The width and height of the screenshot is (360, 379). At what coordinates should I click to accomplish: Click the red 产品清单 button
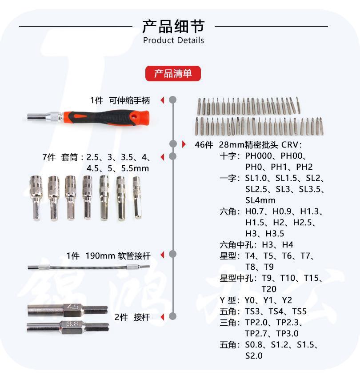click(173, 73)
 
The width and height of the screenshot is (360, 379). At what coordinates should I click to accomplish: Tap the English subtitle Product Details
click(173, 40)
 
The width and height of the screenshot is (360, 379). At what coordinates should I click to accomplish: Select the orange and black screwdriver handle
click(106, 118)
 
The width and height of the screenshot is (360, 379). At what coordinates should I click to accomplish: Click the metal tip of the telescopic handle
click(36, 117)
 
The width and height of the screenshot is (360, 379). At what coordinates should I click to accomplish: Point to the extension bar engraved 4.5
click(68, 310)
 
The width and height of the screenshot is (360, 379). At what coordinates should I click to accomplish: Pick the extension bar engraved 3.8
click(68, 327)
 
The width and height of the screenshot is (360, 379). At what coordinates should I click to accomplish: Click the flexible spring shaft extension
click(88, 267)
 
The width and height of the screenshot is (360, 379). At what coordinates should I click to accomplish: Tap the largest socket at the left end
click(36, 198)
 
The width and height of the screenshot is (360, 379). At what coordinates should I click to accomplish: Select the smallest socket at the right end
click(137, 197)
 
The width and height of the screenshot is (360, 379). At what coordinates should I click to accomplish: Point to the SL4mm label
click(260, 200)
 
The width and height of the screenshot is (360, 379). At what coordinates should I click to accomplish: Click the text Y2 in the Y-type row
click(287, 300)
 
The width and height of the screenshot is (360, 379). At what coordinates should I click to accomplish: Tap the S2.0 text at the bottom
click(254, 356)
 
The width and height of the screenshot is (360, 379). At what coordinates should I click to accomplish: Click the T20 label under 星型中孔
click(269, 289)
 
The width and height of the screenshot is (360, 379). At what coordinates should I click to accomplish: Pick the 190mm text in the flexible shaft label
click(100, 256)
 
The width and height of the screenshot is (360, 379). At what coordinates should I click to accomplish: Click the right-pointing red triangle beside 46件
click(184, 144)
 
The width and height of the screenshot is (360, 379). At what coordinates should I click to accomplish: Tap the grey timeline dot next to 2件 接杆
click(172, 316)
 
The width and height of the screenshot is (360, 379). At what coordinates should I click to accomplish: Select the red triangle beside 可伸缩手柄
click(162, 100)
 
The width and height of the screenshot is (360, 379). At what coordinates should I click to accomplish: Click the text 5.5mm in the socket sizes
click(135, 168)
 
